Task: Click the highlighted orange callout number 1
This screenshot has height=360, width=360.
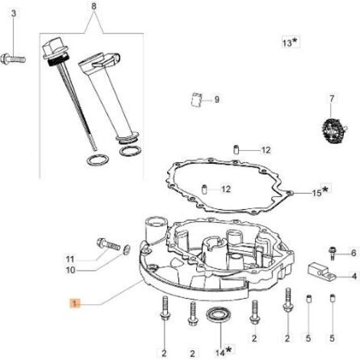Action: click(x=75, y=303)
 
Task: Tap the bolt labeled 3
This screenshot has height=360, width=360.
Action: click(x=13, y=60)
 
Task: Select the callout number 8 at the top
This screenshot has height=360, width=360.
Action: click(x=93, y=6)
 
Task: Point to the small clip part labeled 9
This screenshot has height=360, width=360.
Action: click(x=197, y=100)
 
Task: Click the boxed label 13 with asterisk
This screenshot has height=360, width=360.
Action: click(x=290, y=42)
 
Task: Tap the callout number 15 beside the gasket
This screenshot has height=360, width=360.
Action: click(x=317, y=193)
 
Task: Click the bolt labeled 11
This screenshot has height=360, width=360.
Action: click(x=108, y=244)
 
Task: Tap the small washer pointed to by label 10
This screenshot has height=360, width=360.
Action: click(x=126, y=250)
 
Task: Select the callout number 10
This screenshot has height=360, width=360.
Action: click(x=70, y=270)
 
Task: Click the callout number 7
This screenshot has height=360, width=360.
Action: click(x=332, y=99)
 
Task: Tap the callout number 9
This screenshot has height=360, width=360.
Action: click(x=217, y=100)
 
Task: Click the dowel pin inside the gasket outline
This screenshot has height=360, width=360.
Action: click(x=204, y=189)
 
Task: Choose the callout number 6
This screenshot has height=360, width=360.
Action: click(x=353, y=253)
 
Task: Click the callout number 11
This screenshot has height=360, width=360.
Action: click(x=70, y=260)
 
